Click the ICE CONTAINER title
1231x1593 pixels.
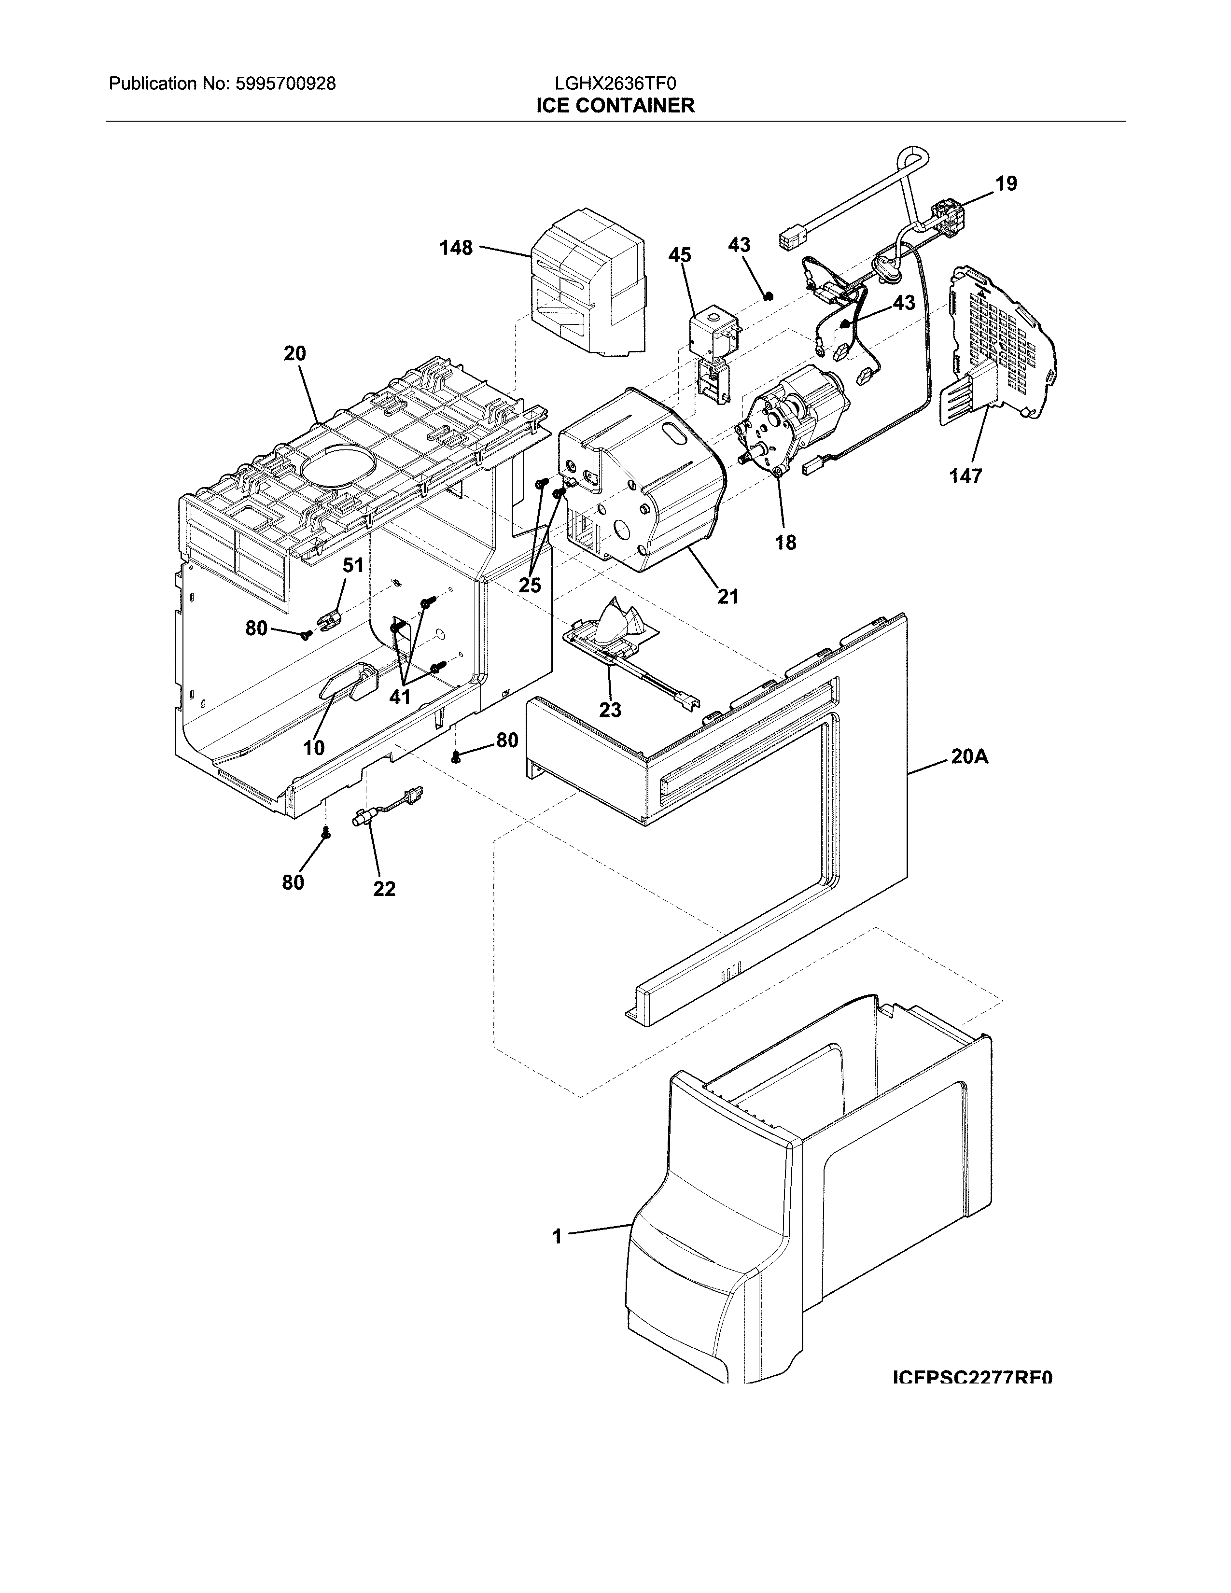point(615,106)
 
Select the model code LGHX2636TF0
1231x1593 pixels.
point(615,84)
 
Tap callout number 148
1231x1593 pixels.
point(456,248)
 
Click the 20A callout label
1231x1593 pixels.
point(969,757)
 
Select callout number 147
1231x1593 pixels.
point(965,476)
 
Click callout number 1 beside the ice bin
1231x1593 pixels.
point(557,1236)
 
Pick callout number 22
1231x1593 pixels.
point(384,889)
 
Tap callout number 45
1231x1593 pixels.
point(680,255)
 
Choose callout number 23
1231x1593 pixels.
point(610,709)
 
